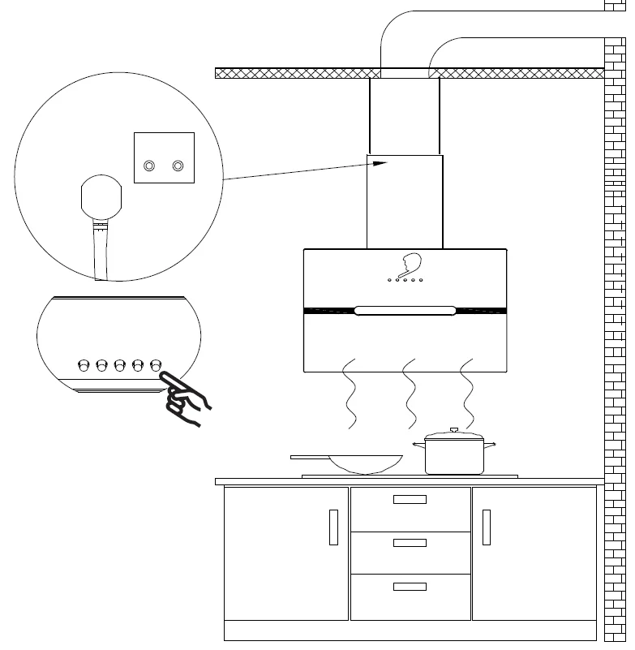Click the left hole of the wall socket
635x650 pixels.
(148, 166)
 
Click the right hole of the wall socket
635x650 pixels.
(178, 166)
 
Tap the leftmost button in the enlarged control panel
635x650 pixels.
(84, 365)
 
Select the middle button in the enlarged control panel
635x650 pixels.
(119, 365)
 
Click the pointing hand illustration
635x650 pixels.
(185, 399)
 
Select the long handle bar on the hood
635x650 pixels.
(405, 310)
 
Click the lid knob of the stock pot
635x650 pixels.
(454, 430)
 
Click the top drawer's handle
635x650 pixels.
(410, 499)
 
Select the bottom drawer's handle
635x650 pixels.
(410, 586)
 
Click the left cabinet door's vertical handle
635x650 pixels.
(333, 527)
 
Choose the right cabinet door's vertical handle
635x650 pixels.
(487, 527)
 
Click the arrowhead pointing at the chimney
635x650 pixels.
(381, 163)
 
